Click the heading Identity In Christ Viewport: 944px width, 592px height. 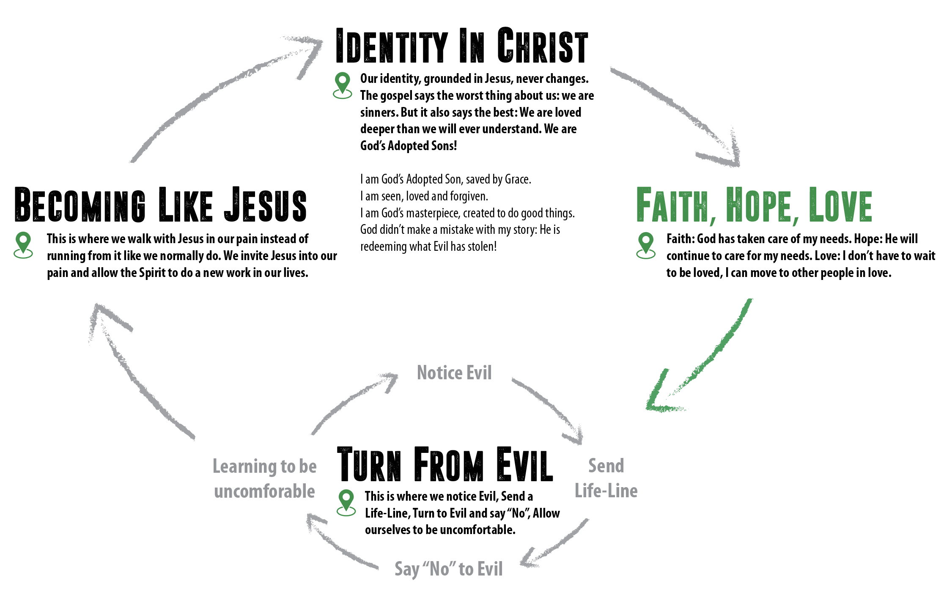point(461,46)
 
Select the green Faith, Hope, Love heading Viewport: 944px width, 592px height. point(754,206)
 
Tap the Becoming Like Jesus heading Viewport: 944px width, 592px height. point(161,205)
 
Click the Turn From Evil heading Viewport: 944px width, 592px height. point(445,465)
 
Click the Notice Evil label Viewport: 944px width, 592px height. point(454,373)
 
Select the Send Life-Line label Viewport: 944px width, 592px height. point(606,478)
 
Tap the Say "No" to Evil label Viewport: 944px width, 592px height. point(448,569)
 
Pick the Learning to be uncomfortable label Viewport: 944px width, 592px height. point(265,479)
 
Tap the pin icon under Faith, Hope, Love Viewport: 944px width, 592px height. point(646,245)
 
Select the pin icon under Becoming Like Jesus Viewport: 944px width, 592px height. point(23,245)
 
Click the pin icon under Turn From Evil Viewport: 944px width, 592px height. point(346,502)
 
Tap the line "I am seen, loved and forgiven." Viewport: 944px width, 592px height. point(424,196)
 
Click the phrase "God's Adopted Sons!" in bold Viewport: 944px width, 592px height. point(409,146)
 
